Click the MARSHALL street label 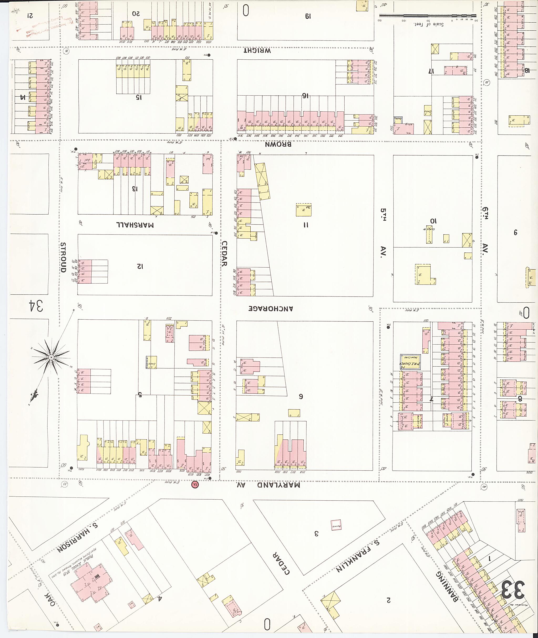(135, 225)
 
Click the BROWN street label (278, 144)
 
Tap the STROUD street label (63, 257)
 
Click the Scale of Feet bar (427, 15)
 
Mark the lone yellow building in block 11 (303, 210)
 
